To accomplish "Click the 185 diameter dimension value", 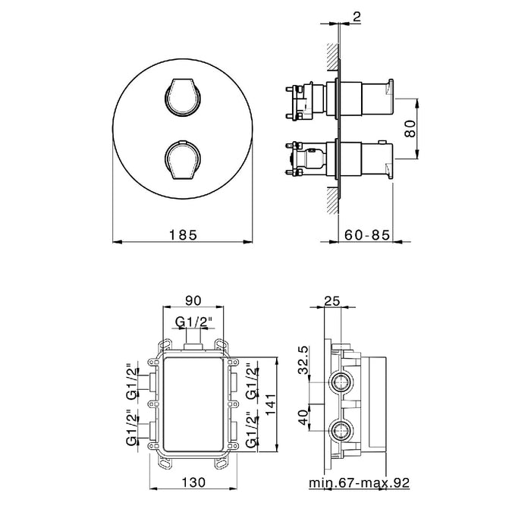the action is tap(183, 234).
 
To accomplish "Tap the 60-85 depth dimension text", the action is tap(367, 234).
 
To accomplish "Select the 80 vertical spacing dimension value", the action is tap(410, 128).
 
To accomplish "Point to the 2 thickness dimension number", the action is tap(357, 17).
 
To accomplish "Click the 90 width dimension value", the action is tap(193, 300).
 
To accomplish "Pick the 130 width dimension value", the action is tap(193, 482).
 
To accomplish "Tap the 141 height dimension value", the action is tap(271, 404).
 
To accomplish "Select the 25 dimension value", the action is tap(332, 300).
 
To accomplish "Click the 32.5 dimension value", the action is tap(303, 360).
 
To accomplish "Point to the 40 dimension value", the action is tap(303, 417).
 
